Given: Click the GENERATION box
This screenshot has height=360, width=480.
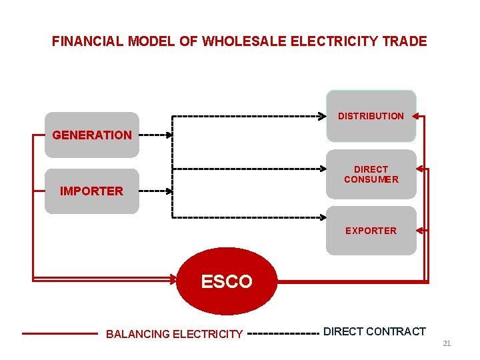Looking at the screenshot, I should (92, 135).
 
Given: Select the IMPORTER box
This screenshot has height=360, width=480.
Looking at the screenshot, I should (92, 191).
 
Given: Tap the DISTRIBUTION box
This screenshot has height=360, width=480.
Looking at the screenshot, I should (371, 116).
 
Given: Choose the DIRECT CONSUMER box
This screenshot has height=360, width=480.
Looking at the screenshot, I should (371, 175).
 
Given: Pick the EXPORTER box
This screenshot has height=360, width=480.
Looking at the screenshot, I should (371, 231).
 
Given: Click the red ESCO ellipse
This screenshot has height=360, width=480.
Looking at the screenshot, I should (227, 281).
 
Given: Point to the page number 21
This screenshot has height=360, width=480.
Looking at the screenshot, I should (447, 344).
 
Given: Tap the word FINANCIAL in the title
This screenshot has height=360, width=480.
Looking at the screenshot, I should (87, 41).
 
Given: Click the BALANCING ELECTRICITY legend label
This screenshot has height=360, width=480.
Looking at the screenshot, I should (174, 334).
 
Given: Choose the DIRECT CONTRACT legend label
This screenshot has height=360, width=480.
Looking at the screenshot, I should (374, 331).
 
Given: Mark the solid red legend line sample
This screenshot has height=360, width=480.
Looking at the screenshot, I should (60, 333).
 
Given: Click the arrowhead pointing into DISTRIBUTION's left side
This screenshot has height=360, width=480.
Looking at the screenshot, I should (323, 117).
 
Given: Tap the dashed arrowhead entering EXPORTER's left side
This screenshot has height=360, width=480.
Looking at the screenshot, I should (323, 218).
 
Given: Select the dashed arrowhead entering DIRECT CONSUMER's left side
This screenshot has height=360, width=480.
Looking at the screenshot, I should (323, 169).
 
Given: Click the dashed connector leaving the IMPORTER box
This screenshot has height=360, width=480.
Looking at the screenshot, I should (153, 191).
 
